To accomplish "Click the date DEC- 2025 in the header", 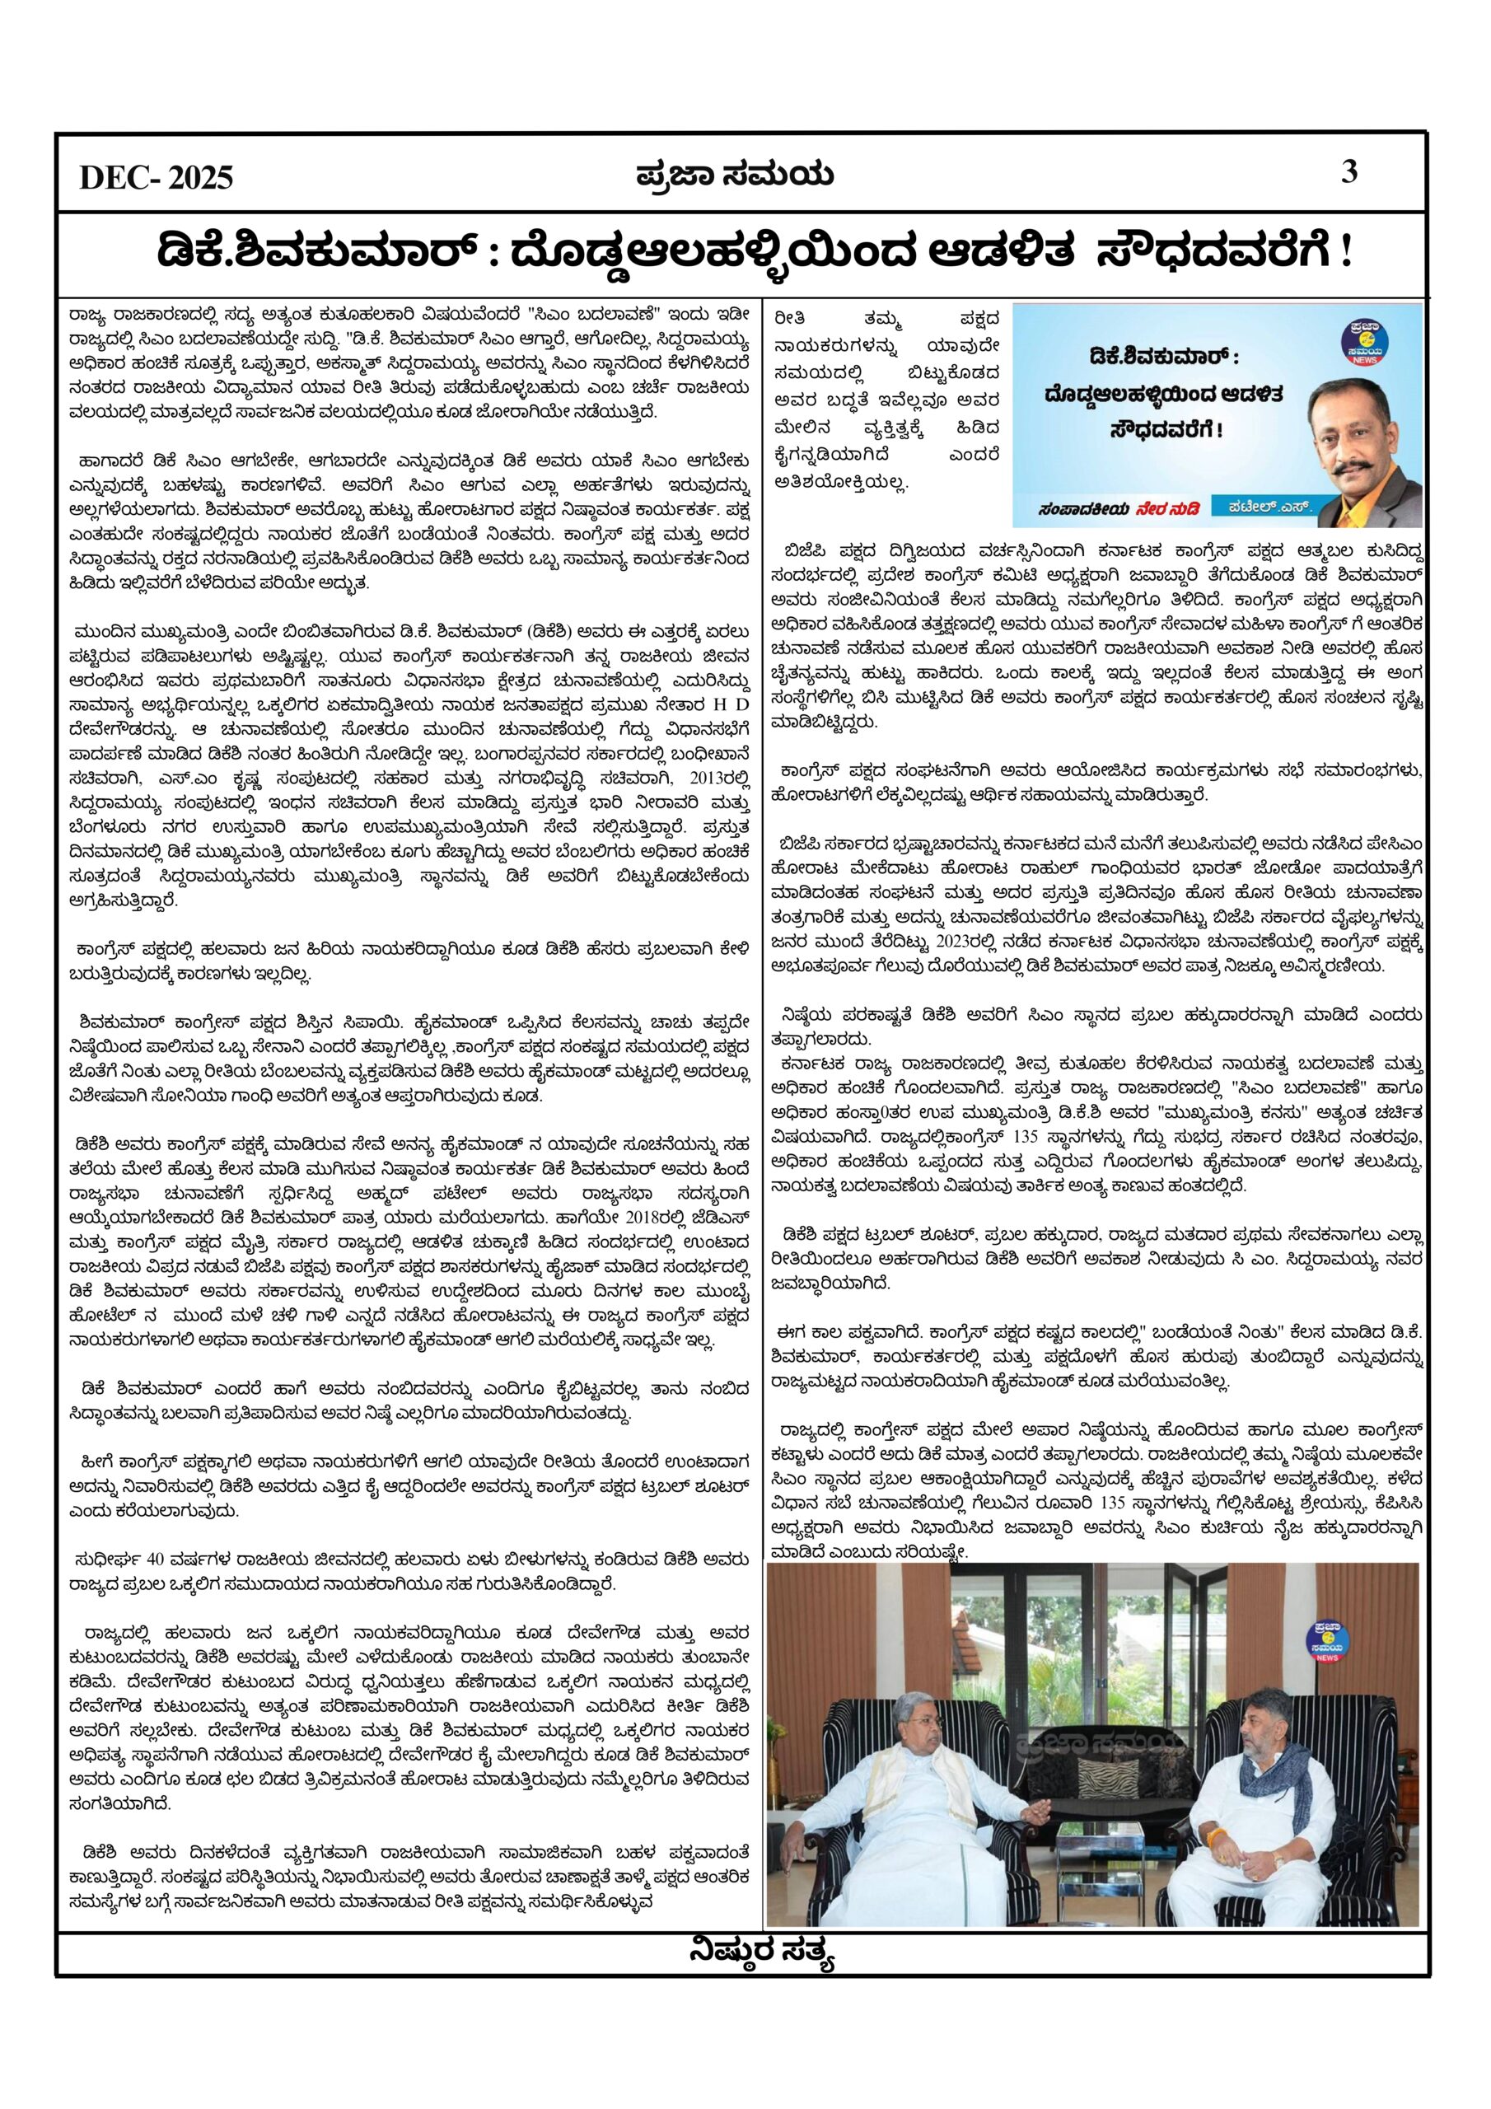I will [x=157, y=177].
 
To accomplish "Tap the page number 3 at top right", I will [x=1349, y=172].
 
